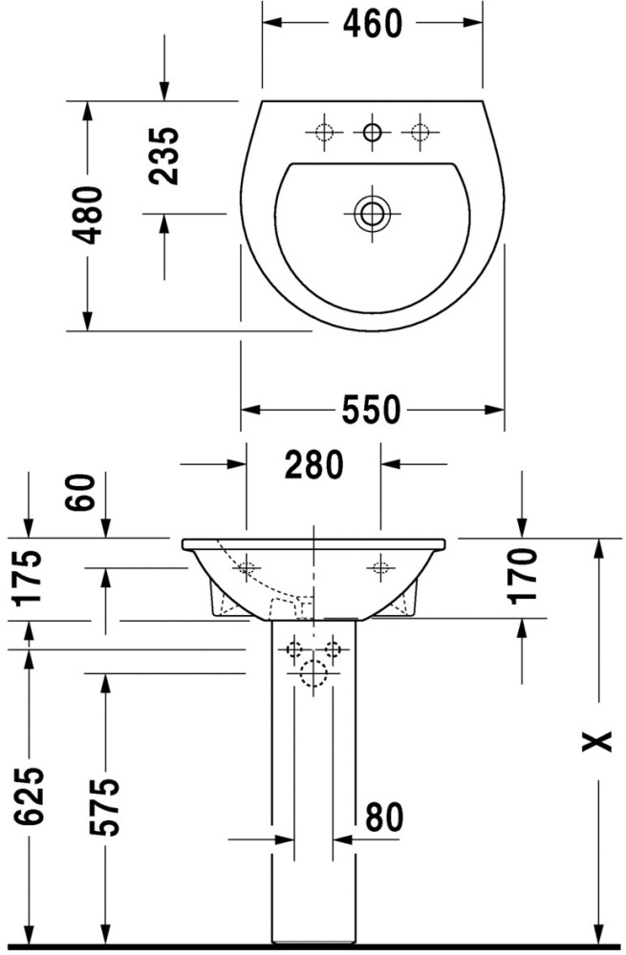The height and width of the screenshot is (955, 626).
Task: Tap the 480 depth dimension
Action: pos(85,215)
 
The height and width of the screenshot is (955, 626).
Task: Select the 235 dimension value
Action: pos(164,156)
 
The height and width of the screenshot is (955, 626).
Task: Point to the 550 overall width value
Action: pos(371,410)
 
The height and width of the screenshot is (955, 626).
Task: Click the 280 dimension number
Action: pos(314,464)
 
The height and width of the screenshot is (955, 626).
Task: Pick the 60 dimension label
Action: pos(81,492)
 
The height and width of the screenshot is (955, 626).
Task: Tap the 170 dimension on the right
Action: pos(523,575)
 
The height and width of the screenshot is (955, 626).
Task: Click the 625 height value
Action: pos(30,796)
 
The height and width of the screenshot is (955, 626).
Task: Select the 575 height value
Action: pos(105,806)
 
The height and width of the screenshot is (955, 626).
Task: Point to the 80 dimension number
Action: pos(384,817)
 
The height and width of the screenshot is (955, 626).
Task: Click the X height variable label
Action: pos(596,741)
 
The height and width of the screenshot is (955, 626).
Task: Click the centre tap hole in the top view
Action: pos(372,132)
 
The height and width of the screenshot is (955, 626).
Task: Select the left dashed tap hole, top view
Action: pos(324,132)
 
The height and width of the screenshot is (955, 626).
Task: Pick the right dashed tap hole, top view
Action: pos(420,132)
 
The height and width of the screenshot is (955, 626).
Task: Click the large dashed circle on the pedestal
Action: pos(313,673)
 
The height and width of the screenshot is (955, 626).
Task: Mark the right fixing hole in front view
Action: pos(381,567)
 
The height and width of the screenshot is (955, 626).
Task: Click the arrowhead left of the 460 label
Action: pos(272,23)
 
